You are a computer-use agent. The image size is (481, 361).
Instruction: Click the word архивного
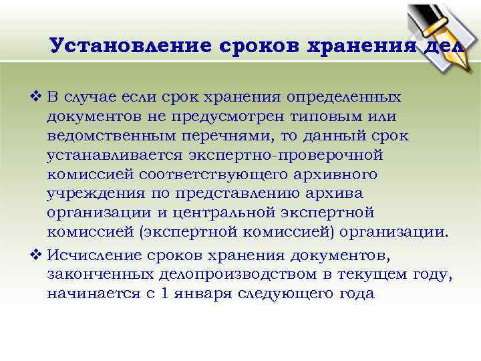point(335,175)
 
